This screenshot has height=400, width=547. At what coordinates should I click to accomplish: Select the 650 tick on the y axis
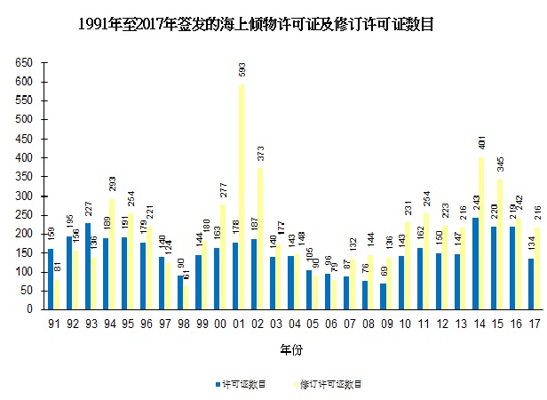tap(24, 63)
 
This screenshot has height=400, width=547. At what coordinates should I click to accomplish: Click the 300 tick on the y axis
tap(24, 196)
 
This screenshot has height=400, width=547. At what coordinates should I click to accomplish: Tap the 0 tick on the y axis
tap(29, 309)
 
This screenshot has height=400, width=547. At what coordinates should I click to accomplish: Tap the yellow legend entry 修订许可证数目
tap(329, 384)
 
